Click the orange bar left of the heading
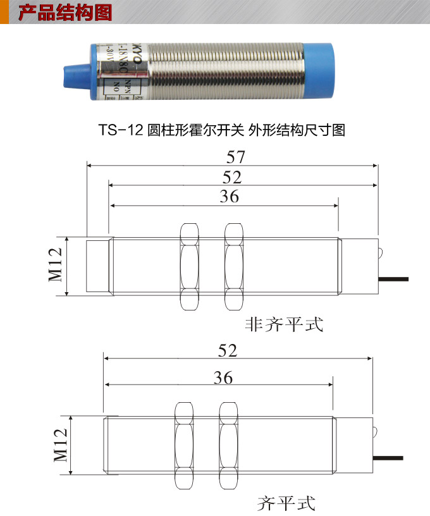[x=4, y=12]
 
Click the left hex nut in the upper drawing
[x=188, y=266]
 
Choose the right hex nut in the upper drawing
[x=233, y=266]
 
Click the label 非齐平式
[x=284, y=325]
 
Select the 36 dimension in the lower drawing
[x=223, y=378]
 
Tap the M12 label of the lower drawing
[x=60, y=445]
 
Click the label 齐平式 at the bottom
[x=286, y=503]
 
